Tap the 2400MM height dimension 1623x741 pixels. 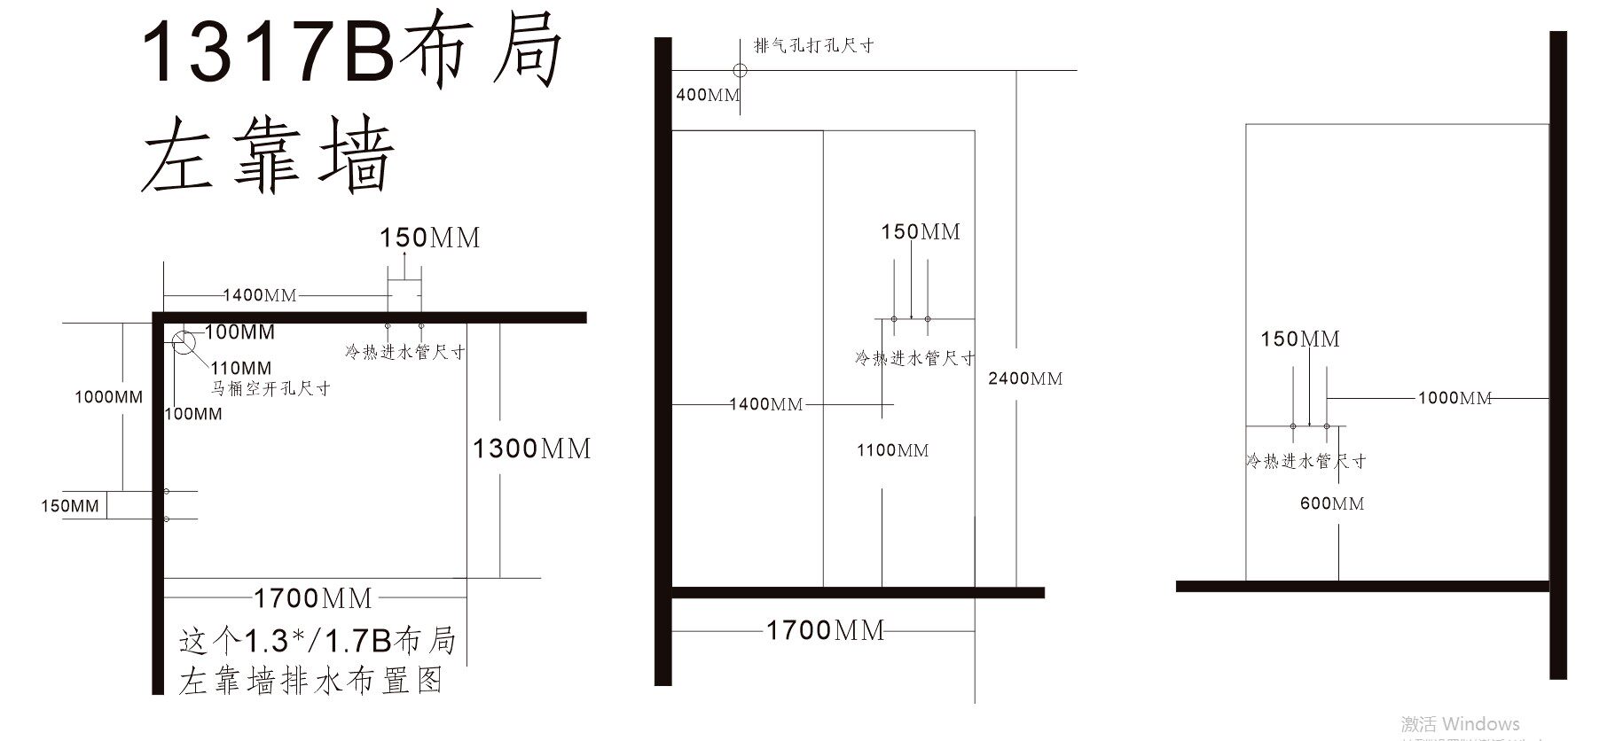[x=1025, y=378]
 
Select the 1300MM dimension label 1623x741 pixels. [x=531, y=448]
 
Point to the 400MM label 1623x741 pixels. [x=707, y=95]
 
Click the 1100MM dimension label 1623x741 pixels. [x=892, y=450]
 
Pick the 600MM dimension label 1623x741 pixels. [x=1332, y=503]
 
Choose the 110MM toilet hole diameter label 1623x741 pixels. [x=241, y=368]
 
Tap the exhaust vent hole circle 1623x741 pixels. [x=740, y=70]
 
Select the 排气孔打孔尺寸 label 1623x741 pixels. [x=813, y=45]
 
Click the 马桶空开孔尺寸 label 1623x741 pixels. [x=270, y=388]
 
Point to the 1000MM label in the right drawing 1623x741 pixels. [x=1454, y=398]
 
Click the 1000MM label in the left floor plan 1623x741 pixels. [x=108, y=397]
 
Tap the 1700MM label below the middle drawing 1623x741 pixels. [x=826, y=630]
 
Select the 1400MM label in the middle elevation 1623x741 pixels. [x=766, y=404]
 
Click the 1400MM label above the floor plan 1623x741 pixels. [x=259, y=295]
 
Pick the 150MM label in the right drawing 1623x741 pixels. [x=1300, y=339]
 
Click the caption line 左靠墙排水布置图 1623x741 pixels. [x=310, y=681]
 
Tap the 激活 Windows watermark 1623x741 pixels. [x=1460, y=724]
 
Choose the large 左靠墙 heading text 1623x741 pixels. [x=267, y=160]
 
